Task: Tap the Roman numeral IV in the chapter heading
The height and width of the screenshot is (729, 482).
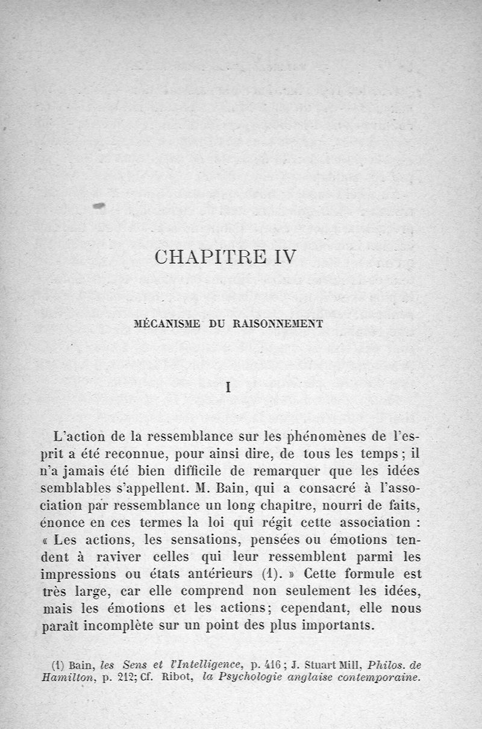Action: (x=280, y=257)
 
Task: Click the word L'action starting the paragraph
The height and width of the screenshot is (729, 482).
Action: (x=75, y=435)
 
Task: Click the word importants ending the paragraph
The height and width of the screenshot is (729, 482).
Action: (x=337, y=625)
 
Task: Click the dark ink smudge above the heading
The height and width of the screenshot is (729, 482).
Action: (x=99, y=206)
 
